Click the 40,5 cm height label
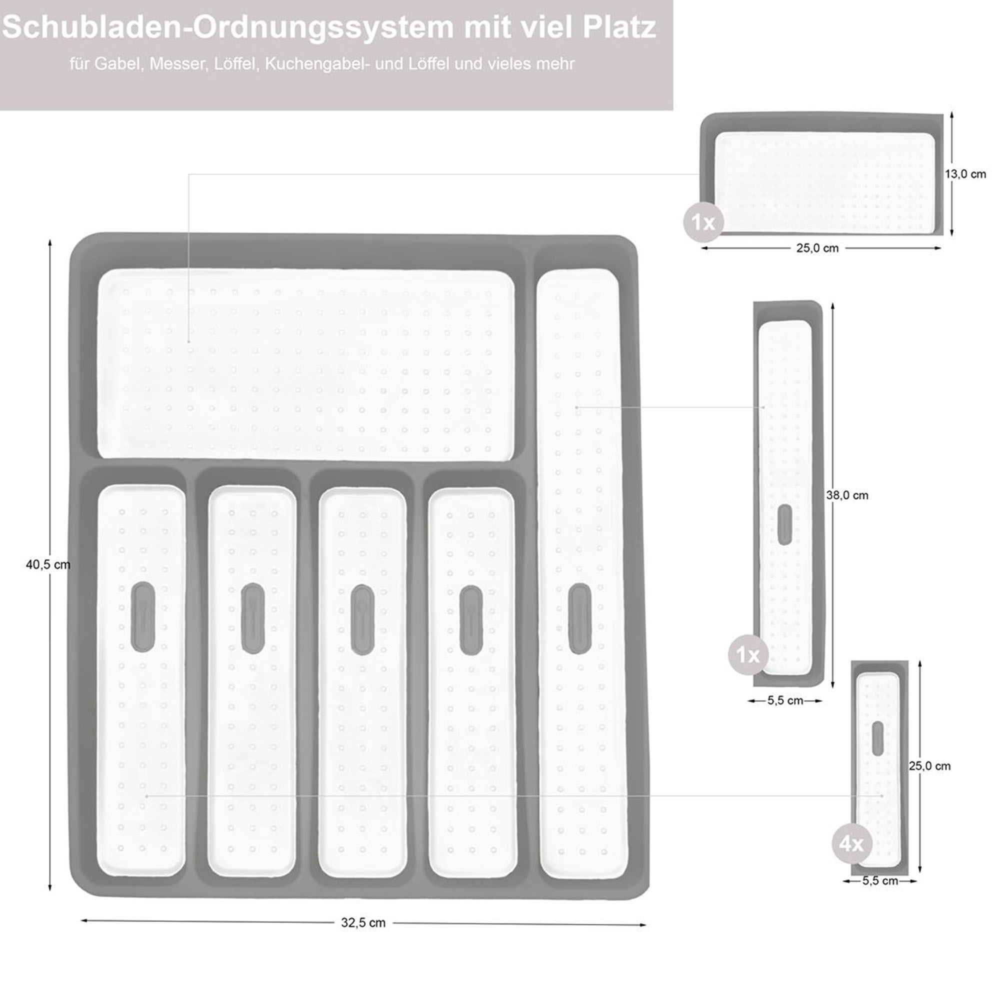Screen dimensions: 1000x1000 [x=47, y=564]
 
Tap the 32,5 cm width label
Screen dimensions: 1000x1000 [x=363, y=922]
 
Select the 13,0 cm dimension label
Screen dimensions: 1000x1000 [x=965, y=174]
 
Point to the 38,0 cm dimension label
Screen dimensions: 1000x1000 [x=847, y=495]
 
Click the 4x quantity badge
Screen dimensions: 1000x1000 [x=852, y=844]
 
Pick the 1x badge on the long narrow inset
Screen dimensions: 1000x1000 [x=748, y=655]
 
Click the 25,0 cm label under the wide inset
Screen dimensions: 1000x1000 [x=817, y=248]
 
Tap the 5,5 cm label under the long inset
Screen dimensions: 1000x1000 [x=785, y=701]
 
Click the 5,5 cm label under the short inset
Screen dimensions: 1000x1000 [x=880, y=881]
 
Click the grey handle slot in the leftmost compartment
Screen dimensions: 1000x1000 [x=143, y=616]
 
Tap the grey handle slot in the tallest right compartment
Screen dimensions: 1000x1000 [x=579, y=618]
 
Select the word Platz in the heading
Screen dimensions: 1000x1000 [x=619, y=27]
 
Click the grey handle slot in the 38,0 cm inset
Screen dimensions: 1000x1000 [x=784, y=524]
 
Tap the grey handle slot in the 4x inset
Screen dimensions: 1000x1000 [x=877, y=738]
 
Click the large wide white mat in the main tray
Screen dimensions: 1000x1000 [x=306, y=364]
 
